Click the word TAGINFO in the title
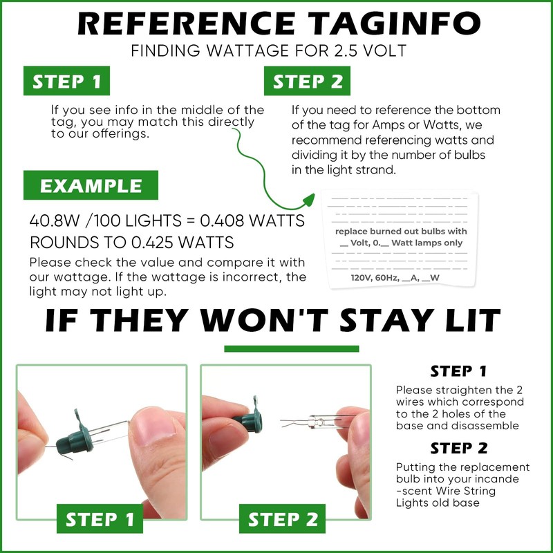click(x=394, y=24)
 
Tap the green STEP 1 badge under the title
click(x=66, y=81)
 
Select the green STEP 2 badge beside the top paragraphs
click(x=307, y=81)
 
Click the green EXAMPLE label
click(x=91, y=185)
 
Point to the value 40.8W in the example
click(x=55, y=221)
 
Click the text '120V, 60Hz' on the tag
click(x=375, y=278)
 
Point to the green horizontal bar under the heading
click(x=292, y=349)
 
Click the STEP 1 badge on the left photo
click(x=100, y=519)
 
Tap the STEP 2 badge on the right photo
click(x=282, y=519)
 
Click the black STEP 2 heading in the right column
click(x=459, y=448)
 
